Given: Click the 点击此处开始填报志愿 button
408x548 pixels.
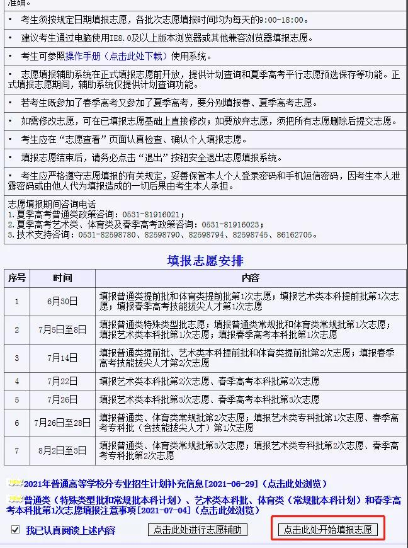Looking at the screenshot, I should (327, 530).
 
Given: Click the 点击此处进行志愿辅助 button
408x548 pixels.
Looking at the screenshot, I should (197, 530).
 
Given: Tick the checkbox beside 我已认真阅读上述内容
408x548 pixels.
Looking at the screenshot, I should (15, 530).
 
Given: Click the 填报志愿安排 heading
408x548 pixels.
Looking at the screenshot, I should (205, 260).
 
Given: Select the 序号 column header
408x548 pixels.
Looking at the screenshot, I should (17, 278).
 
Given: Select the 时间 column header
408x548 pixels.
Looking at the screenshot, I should (62, 278).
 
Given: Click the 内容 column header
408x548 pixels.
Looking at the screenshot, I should (250, 278).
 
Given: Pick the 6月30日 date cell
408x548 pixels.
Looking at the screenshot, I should (62, 301).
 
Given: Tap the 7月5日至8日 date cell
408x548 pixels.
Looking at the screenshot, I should (62, 329).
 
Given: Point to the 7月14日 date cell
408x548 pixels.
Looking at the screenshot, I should (62, 358).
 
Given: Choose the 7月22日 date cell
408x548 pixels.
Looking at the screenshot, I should (62, 381).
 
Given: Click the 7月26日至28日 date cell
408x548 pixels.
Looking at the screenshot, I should (62, 423).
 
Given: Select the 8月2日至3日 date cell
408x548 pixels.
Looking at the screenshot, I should (62, 451).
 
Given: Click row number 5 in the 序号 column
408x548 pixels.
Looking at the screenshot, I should (17, 399).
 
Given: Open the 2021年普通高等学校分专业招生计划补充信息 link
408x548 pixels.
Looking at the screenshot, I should (113, 484).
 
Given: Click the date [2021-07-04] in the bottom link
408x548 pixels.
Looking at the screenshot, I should (167, 510).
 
